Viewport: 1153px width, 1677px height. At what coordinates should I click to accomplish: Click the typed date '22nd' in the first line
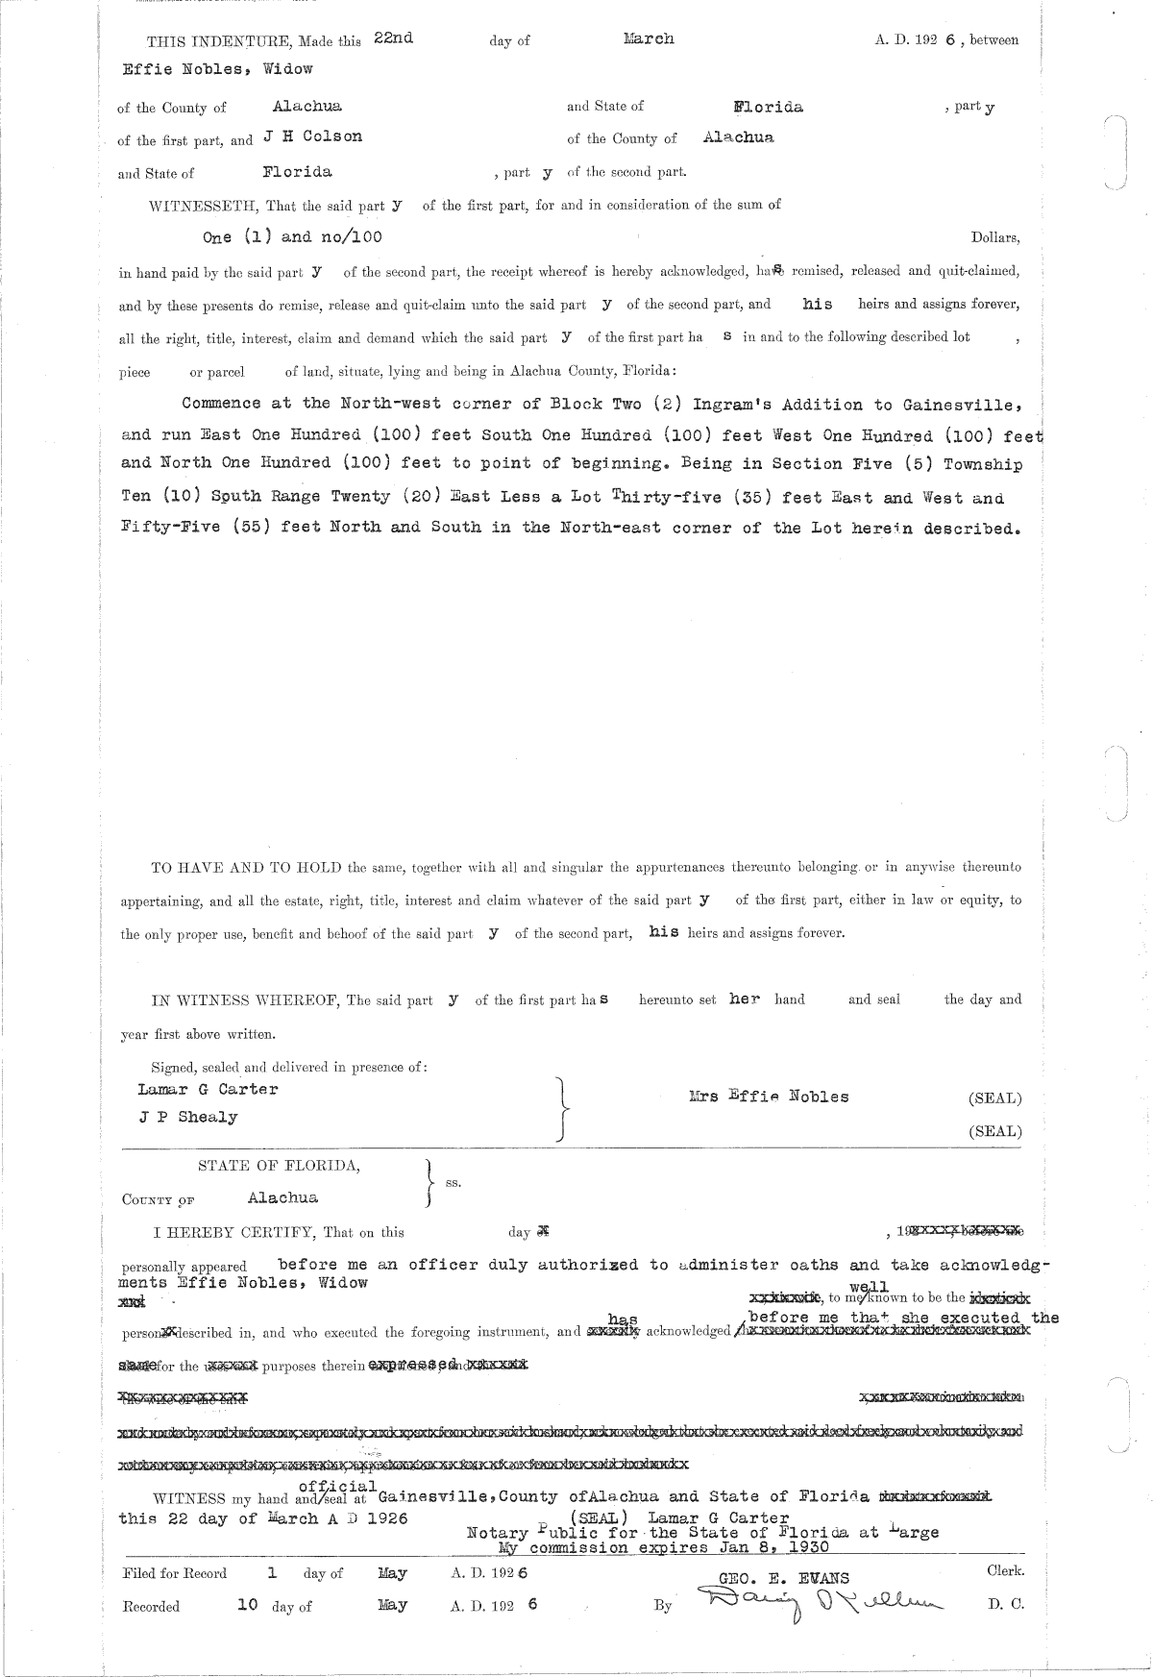(394, 38)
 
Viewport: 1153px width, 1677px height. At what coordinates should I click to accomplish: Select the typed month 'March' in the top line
(649, 38)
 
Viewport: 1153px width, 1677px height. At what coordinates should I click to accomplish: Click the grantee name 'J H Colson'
(313, 137)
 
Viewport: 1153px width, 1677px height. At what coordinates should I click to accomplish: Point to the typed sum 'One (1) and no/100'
(298, 236)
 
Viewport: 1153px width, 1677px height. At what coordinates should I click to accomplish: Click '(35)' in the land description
(737, 498)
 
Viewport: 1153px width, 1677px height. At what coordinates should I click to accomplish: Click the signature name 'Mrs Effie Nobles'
(769, 1097)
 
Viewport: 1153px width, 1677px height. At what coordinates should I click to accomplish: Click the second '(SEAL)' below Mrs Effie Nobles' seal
(995, 1131)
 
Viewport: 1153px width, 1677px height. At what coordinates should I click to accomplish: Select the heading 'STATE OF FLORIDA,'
(280, 1166)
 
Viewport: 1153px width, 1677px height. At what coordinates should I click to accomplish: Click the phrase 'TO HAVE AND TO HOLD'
(246, 867)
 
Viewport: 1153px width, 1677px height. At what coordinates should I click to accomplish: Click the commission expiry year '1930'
(809, 1548)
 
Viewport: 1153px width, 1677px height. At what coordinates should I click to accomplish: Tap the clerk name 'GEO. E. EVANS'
(781, 1578)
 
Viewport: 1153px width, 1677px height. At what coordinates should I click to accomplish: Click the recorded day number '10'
(247, 1604)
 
